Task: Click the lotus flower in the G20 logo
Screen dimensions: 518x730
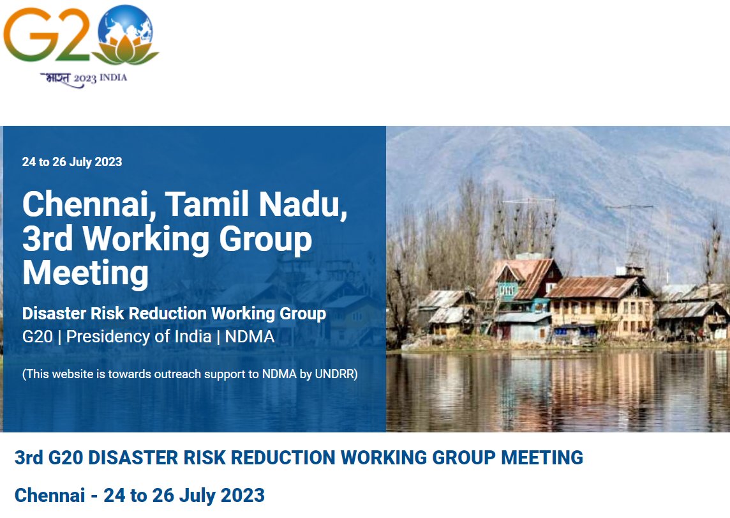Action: pos(128,50)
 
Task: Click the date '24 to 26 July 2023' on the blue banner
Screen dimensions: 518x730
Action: pos(72,162)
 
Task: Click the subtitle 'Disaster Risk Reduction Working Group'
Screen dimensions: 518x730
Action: pos(174,314)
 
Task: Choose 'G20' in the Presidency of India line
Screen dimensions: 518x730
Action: pos(38,337)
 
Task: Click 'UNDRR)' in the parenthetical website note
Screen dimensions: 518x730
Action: pos(336,374)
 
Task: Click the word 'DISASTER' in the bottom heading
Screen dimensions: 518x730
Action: pos(135,458)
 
